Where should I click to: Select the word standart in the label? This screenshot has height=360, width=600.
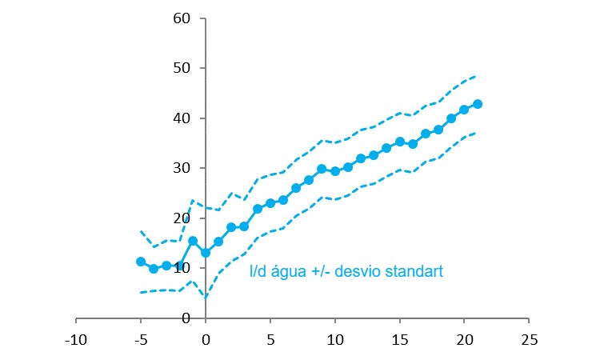[x=413, y=272]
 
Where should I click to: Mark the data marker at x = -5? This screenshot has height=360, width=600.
[x=141, y=262]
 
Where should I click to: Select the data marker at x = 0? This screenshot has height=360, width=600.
[x=206, y=253]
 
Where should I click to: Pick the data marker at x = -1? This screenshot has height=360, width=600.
[x=193, y=240]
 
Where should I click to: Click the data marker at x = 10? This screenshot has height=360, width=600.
[x=335, y=171]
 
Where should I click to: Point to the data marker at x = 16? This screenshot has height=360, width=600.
[x=413, y=144]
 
